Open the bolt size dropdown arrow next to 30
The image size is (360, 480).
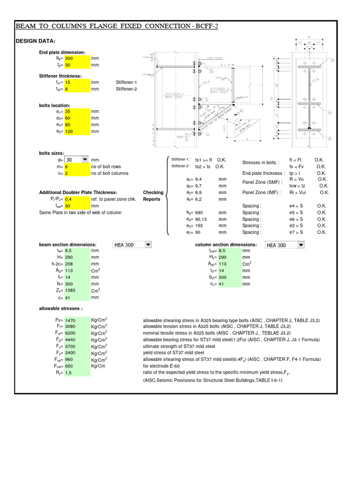click(85, 159)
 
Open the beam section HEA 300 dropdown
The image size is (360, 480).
click(148, 245)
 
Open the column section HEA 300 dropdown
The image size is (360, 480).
click(300, 245)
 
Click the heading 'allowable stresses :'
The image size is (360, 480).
click(60, 308)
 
